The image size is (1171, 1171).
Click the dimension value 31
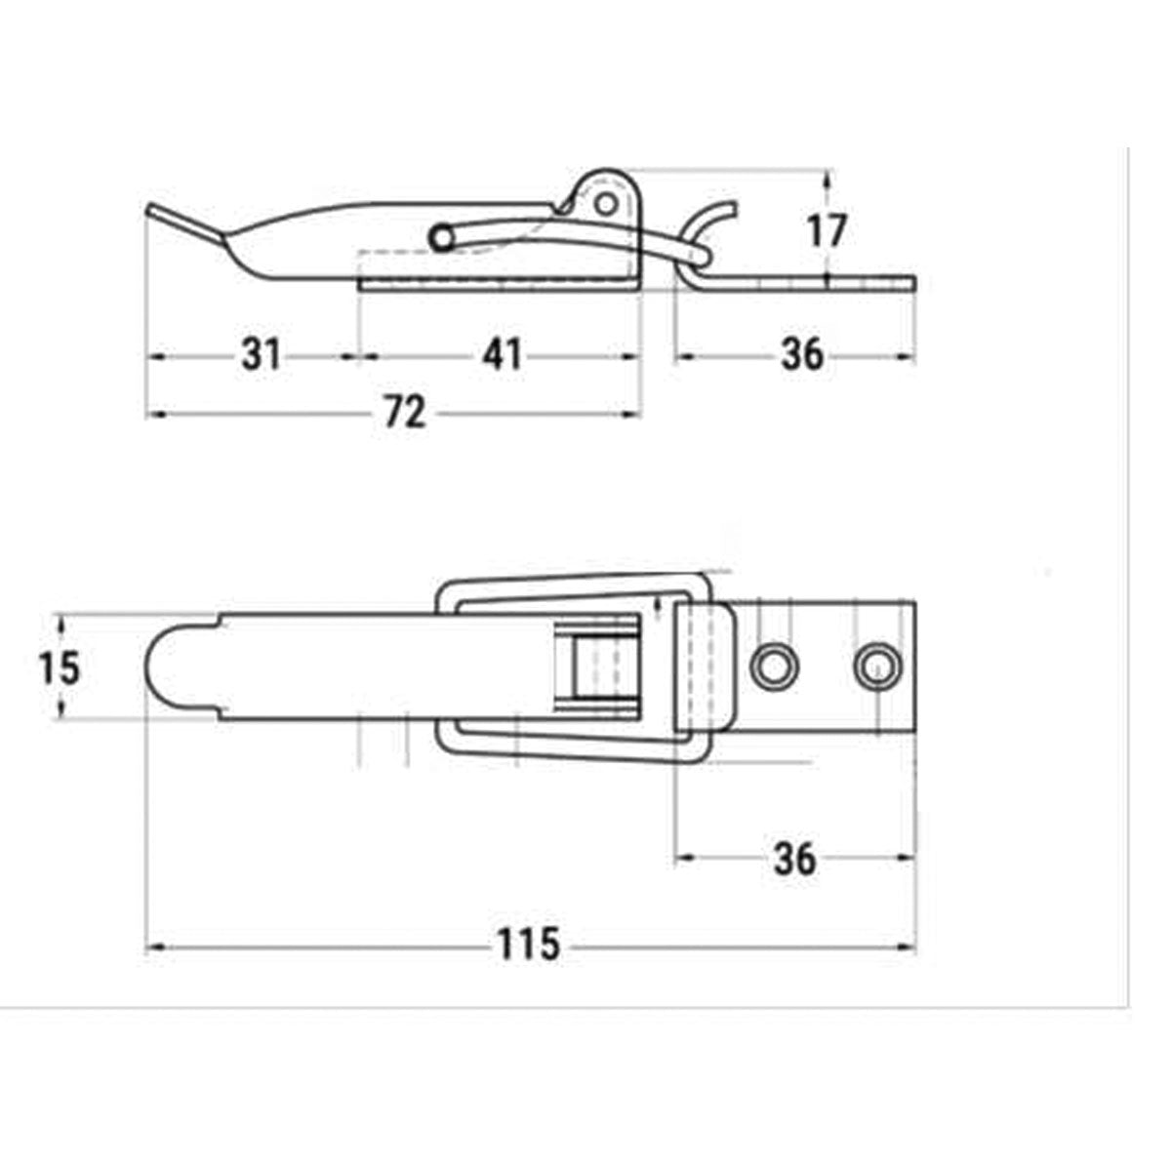(262, 355)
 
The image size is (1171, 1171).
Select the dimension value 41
(503, 355)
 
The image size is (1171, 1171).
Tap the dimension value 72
(404, 414)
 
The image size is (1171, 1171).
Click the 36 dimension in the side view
(801, 355)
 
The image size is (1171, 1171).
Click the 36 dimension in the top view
(794, 859)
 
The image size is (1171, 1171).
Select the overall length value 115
(528, 945)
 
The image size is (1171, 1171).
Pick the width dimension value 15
(58, 668)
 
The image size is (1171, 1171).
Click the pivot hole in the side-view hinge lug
(607, 204)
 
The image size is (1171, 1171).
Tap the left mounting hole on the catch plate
(774, 666)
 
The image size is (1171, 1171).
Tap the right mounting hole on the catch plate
(877, 666)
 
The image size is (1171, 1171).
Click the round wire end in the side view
(442, 237)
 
